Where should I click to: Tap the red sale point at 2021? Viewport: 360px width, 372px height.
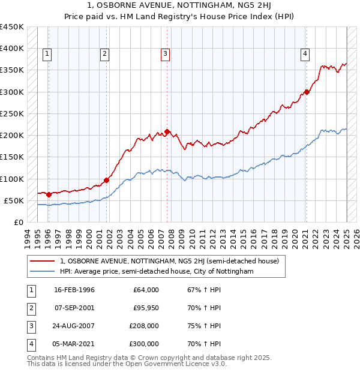[307, 92]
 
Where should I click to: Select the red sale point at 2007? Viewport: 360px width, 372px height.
[167, 132]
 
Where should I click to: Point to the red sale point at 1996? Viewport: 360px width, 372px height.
[49, 194]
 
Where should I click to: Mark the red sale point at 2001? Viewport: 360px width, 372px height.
[106, 180]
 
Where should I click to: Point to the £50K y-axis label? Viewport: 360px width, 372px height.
[14, 200]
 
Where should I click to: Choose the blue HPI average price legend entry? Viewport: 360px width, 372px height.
[157, 271]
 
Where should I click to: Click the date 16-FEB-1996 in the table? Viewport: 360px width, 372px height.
[74, 290]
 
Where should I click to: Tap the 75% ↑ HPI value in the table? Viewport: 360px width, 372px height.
[201, 326]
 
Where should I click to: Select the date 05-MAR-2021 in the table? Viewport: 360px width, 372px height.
[74, 344]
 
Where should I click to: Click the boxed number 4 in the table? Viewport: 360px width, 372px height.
[31, 344]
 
